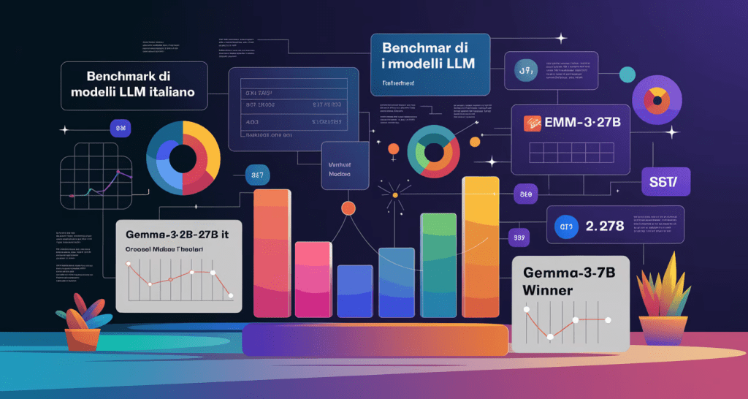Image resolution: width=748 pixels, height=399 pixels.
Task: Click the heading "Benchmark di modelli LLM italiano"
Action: pos(135,85)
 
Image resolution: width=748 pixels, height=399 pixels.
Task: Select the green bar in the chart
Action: pos(438,267)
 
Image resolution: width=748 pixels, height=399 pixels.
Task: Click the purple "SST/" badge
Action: pos(665,180)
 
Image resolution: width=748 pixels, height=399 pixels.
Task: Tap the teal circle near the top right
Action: pos(627,74)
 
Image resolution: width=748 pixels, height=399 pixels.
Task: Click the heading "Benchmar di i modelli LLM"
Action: pos(427,56)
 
